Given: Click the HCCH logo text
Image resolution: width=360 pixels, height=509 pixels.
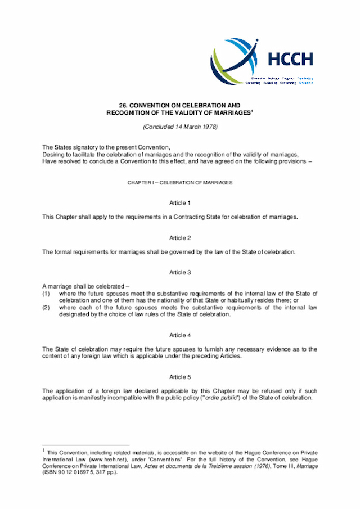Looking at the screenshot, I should (x=290, y=59).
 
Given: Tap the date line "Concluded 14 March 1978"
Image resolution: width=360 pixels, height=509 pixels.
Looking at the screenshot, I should (x=180, y=127).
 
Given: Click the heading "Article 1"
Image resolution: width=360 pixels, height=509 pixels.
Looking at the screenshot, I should (x=180, y=202).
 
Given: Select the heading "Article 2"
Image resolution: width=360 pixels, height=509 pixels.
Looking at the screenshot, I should (x=180, y=237).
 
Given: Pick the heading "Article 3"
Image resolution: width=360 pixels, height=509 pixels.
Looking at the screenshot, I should (x=180, y=272).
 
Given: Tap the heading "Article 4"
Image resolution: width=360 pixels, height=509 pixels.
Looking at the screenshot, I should (x=180, y=335).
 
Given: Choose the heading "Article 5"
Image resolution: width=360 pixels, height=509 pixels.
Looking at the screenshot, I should (x=180, y=376).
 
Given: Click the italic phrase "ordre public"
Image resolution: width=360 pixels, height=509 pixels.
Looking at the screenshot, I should (x=233, y=398).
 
